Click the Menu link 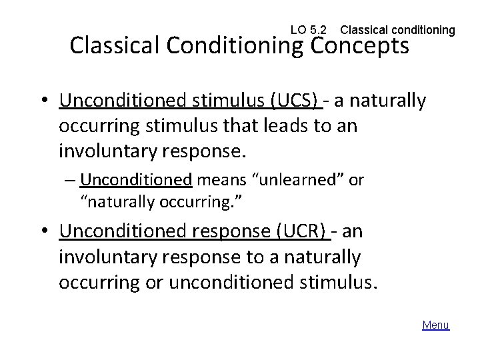[436, 325]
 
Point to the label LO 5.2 [309, 30]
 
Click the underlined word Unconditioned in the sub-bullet [135, 181]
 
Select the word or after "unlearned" [356, 181]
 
